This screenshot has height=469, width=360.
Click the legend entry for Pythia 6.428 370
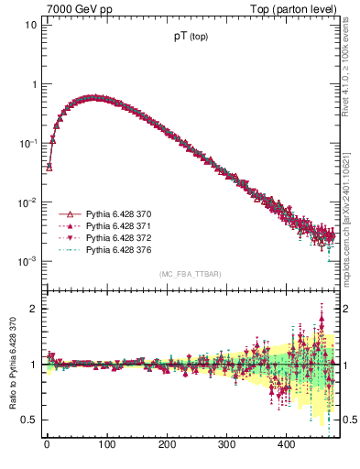point(115,213)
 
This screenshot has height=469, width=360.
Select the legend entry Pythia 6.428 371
point(115,224)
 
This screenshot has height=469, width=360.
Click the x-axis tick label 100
point(106,445)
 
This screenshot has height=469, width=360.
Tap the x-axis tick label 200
point(166,445)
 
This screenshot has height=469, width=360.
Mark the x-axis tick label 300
point(226,445)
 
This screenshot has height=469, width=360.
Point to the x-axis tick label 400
point(286,445)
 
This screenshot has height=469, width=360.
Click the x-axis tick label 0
point(47,445)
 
